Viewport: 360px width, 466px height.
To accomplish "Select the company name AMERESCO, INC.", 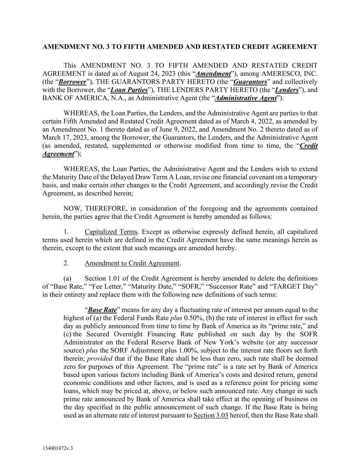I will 294,74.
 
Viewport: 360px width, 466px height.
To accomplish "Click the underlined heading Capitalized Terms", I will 111,232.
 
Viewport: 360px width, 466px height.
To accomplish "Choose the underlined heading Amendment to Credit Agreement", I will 132,263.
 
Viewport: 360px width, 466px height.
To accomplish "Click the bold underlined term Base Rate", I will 102,310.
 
